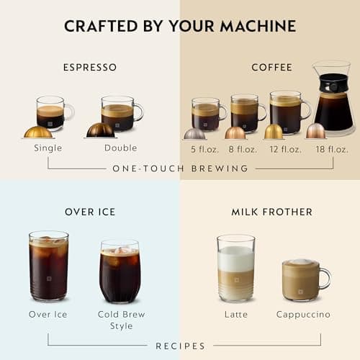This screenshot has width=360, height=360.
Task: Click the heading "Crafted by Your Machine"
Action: click(x=180, y=27)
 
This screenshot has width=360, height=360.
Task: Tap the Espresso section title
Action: click(x=89, y=68)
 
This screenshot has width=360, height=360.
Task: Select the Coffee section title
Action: click(x=271, y=68)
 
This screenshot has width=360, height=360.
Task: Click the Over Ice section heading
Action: click(x=89, y=212)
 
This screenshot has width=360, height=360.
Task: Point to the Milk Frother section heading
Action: click(x=271, y=212)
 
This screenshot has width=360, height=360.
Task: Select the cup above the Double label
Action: click(x=120, y=113)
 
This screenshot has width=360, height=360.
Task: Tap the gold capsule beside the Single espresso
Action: click(x=38, y=132)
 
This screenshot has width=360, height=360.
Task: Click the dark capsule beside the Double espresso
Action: click(x=100, y=130)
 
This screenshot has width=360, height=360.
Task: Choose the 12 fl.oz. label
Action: click(x=286, y=149)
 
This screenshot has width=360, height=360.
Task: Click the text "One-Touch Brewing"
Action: click(x=180, y=168)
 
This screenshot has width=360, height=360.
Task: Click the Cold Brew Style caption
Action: click(x=121, y=320)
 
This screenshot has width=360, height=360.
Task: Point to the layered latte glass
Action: click(x=236, y=268)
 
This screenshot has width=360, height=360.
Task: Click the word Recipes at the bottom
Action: click(x=180, y=346)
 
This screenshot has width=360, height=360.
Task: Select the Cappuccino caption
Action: click(x=303, y=315)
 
